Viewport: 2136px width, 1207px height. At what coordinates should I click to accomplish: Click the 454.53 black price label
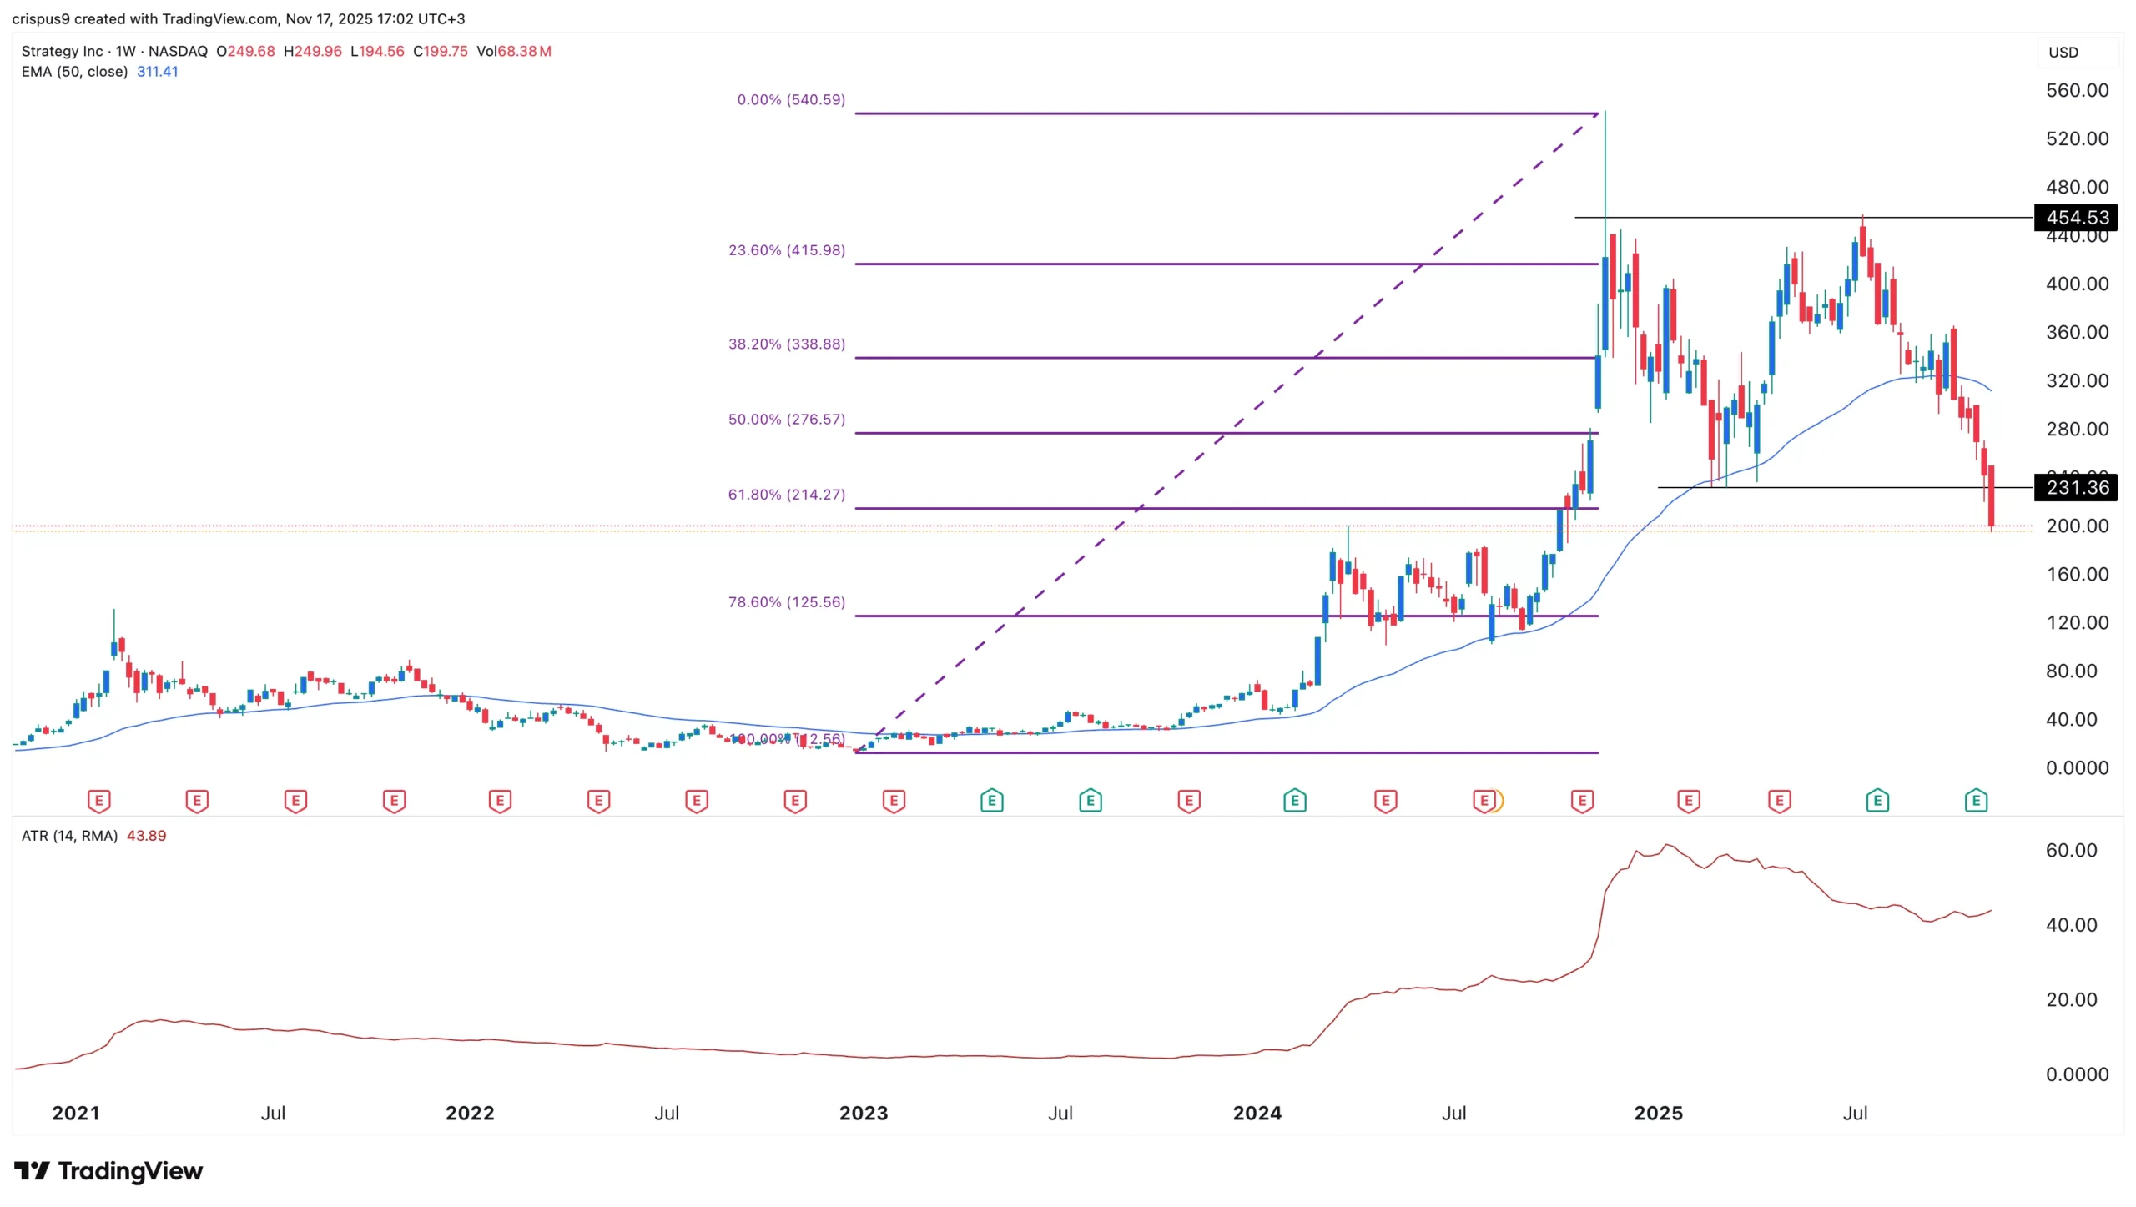pyautogui.click(x=2076, y=218)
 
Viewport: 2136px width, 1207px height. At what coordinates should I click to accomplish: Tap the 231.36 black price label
pyautogui.click(x=2076, y=487)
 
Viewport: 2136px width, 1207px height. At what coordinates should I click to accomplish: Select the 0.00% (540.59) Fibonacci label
pyautogui.click(x=790, y=100)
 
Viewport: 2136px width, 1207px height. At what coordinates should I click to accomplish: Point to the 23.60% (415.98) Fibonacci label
pyautogui.click(x=786, y=250)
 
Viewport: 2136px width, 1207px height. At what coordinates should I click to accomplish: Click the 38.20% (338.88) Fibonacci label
pyautogui.click(x=786, y=344)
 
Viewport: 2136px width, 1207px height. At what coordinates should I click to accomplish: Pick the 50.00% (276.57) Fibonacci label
pyautogui.click(x=786, y=419)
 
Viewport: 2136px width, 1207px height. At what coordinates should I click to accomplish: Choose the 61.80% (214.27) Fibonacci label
pyautogui.click(x=786, y=495)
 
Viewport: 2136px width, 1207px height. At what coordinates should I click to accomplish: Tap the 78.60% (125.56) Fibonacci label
pyautogui.click(x=786, y=602)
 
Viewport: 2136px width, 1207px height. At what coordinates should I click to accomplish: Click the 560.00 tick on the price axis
pyautogui.click(x=2076, y=90)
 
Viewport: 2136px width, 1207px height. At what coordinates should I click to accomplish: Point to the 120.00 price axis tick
pyautogui.click(x=2076, y=622)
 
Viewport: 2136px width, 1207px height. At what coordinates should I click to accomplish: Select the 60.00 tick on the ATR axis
pyautogui.click(x=2070, y=850)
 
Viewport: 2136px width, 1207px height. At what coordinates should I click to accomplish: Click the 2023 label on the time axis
pyautogui.click(x=863, y=1113)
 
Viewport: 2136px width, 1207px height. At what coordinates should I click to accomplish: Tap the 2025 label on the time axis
pyautogui.click(x=1657, y=1113)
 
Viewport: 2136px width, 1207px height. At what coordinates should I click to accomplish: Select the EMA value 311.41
pyautogui.click(x=157, y=72)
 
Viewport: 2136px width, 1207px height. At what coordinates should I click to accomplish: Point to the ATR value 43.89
pyautogui.click(x=146, y=836)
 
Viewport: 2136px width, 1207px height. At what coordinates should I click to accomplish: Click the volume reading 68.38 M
pyautogui.click(x=523, y=51)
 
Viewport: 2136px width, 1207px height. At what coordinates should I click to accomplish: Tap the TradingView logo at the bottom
pyautogui.click(x=108, y=1171)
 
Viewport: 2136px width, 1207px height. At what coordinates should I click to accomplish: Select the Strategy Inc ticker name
pyautogui.click(x=62, y=51)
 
